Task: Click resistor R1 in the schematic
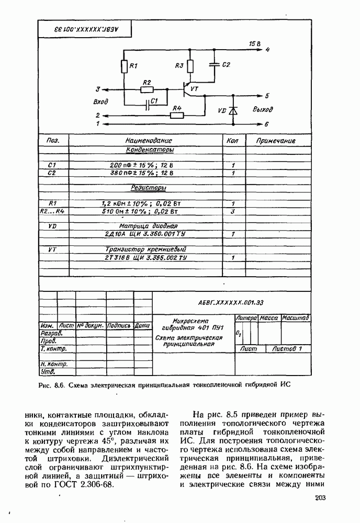124,67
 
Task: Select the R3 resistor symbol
189,66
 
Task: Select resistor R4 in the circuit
177,115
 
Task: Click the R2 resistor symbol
147,89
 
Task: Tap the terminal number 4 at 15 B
267,50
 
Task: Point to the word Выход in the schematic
263,110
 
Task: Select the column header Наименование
149,141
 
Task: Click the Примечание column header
276,141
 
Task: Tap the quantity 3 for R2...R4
233,211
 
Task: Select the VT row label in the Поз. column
52,249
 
